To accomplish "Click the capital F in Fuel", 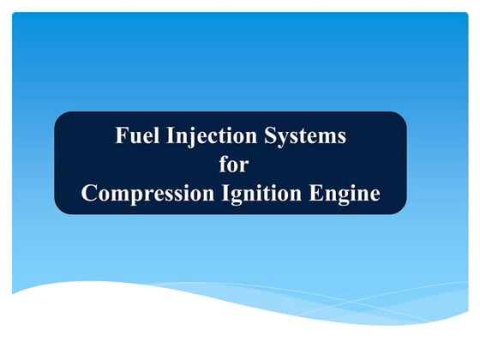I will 121,135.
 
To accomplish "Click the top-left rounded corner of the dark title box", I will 60,117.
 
